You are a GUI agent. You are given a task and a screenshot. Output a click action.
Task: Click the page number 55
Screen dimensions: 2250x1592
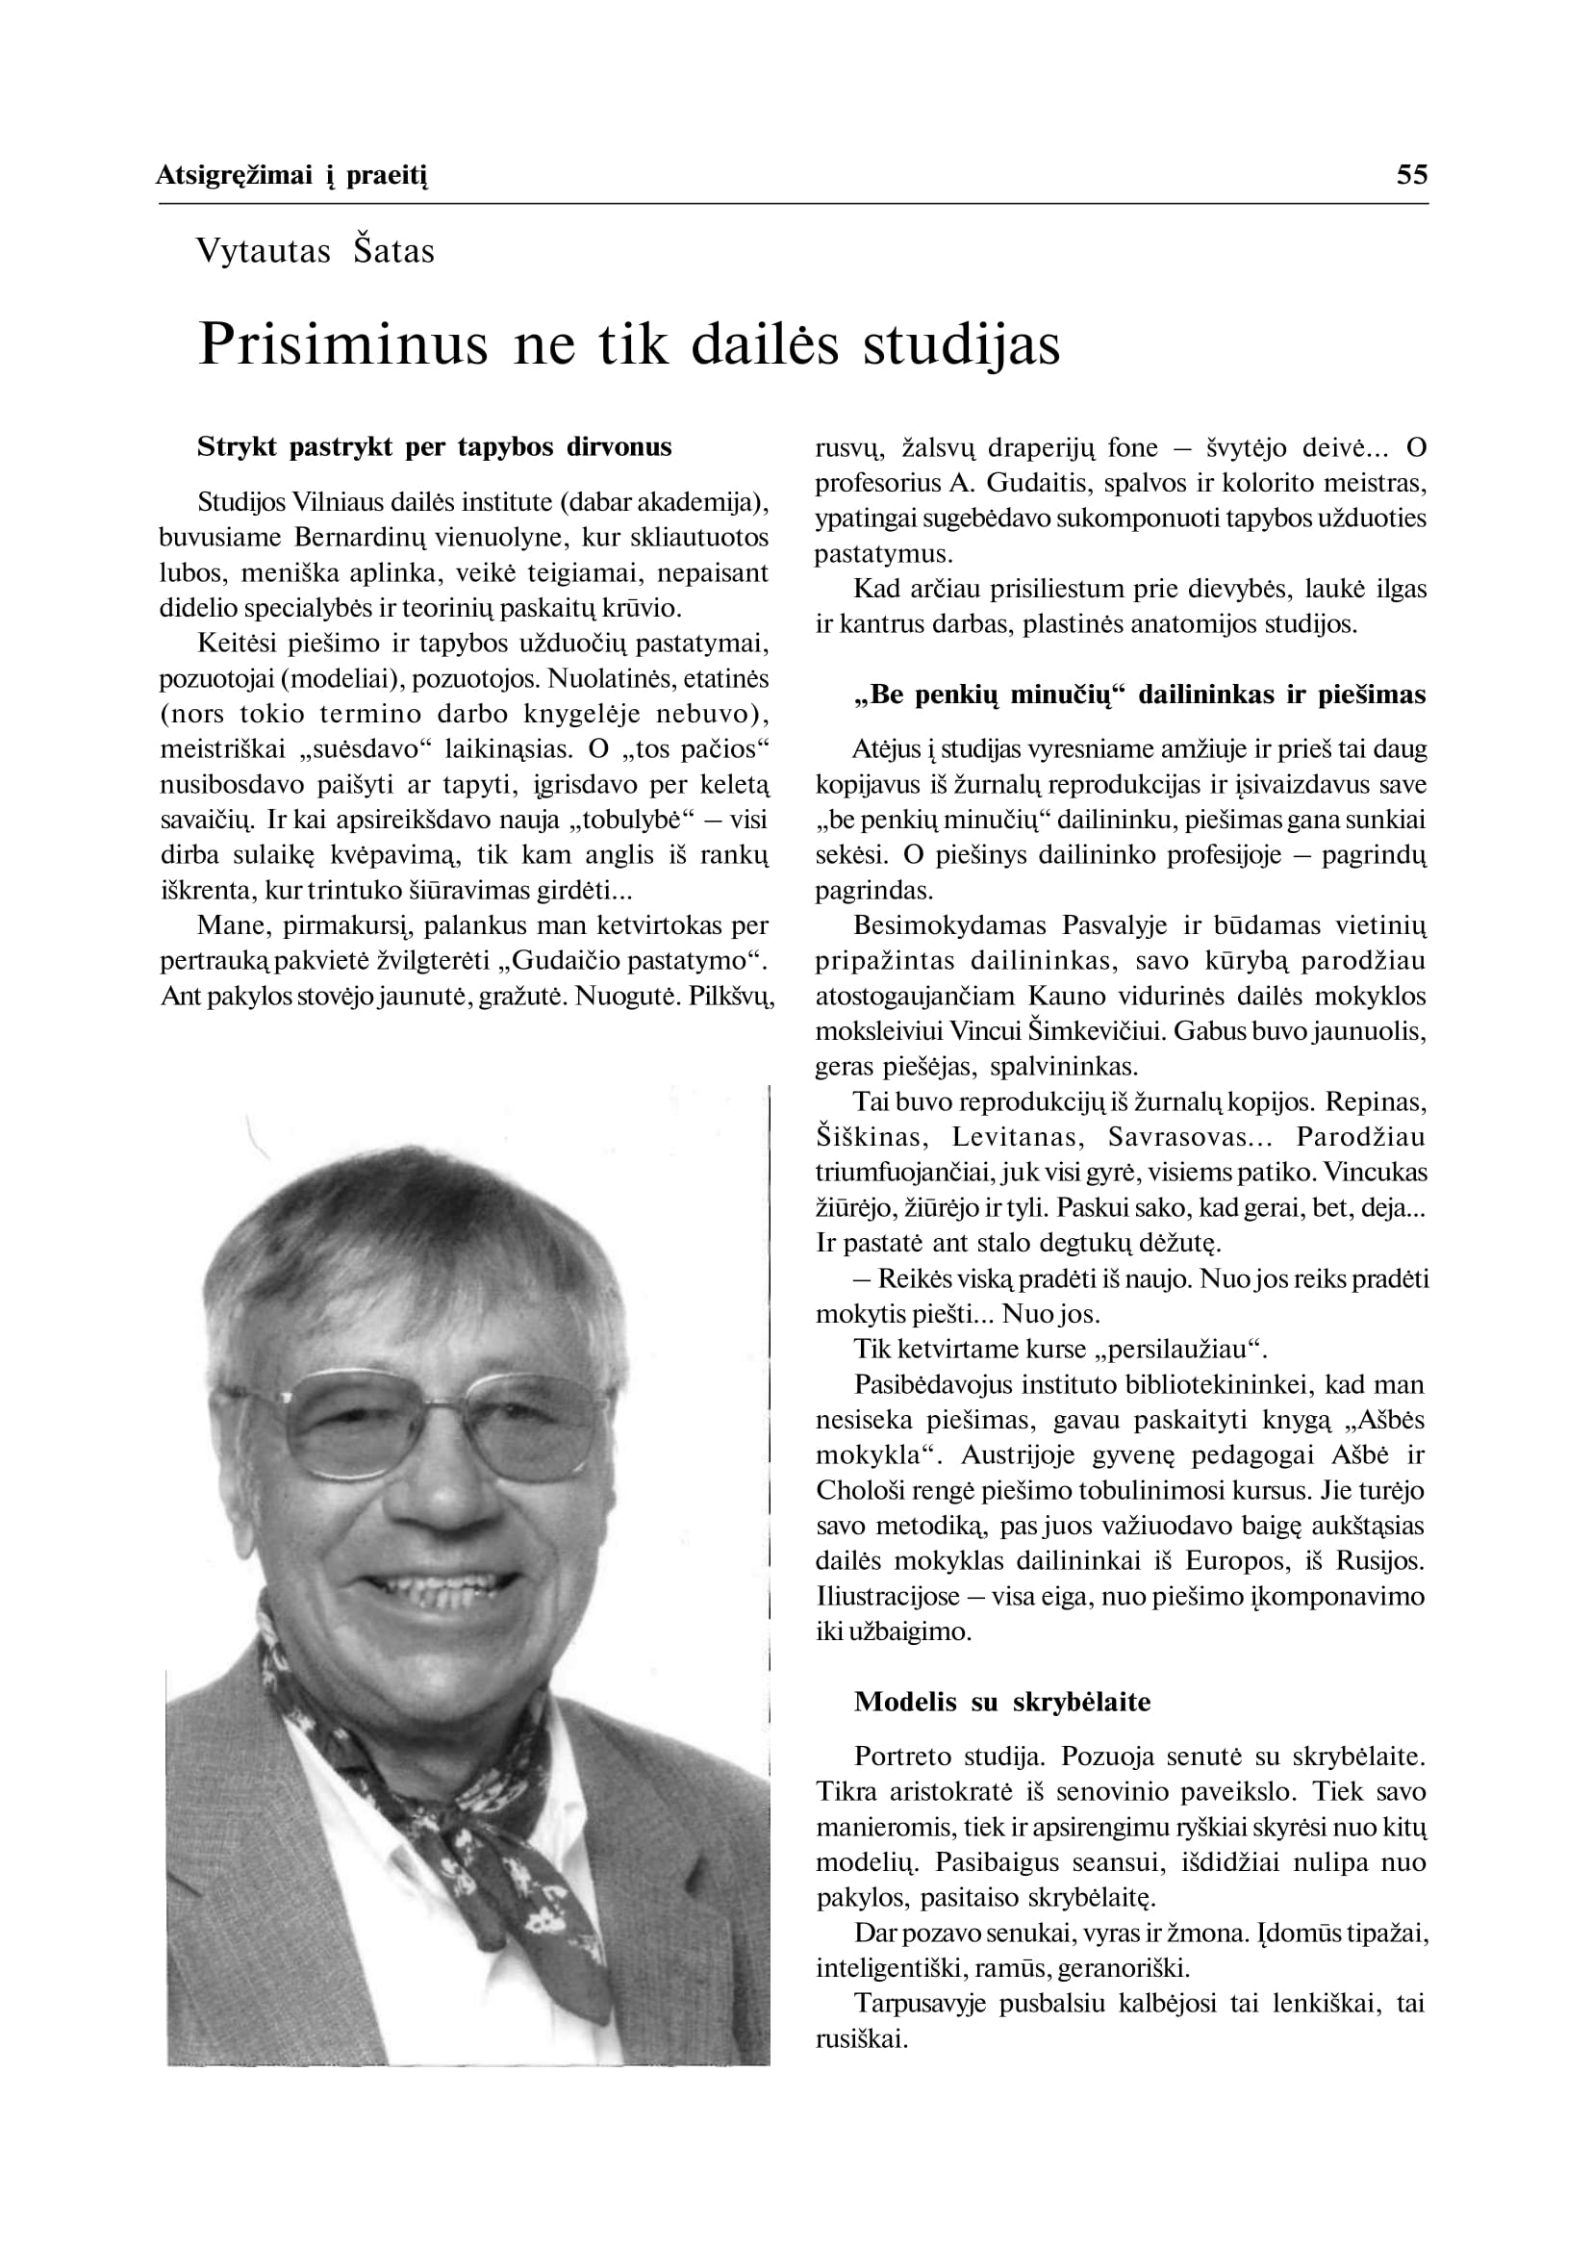[1411, 175]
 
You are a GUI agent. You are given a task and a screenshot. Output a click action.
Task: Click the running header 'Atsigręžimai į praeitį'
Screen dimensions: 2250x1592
[292, 176]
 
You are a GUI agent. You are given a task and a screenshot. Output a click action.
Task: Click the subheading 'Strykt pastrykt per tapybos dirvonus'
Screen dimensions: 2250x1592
[434, 447]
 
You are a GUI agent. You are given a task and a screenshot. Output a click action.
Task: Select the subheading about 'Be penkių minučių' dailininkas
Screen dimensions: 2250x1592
[1139, 695]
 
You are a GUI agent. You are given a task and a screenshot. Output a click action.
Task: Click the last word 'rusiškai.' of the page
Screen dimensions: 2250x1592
[862, 2040]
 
